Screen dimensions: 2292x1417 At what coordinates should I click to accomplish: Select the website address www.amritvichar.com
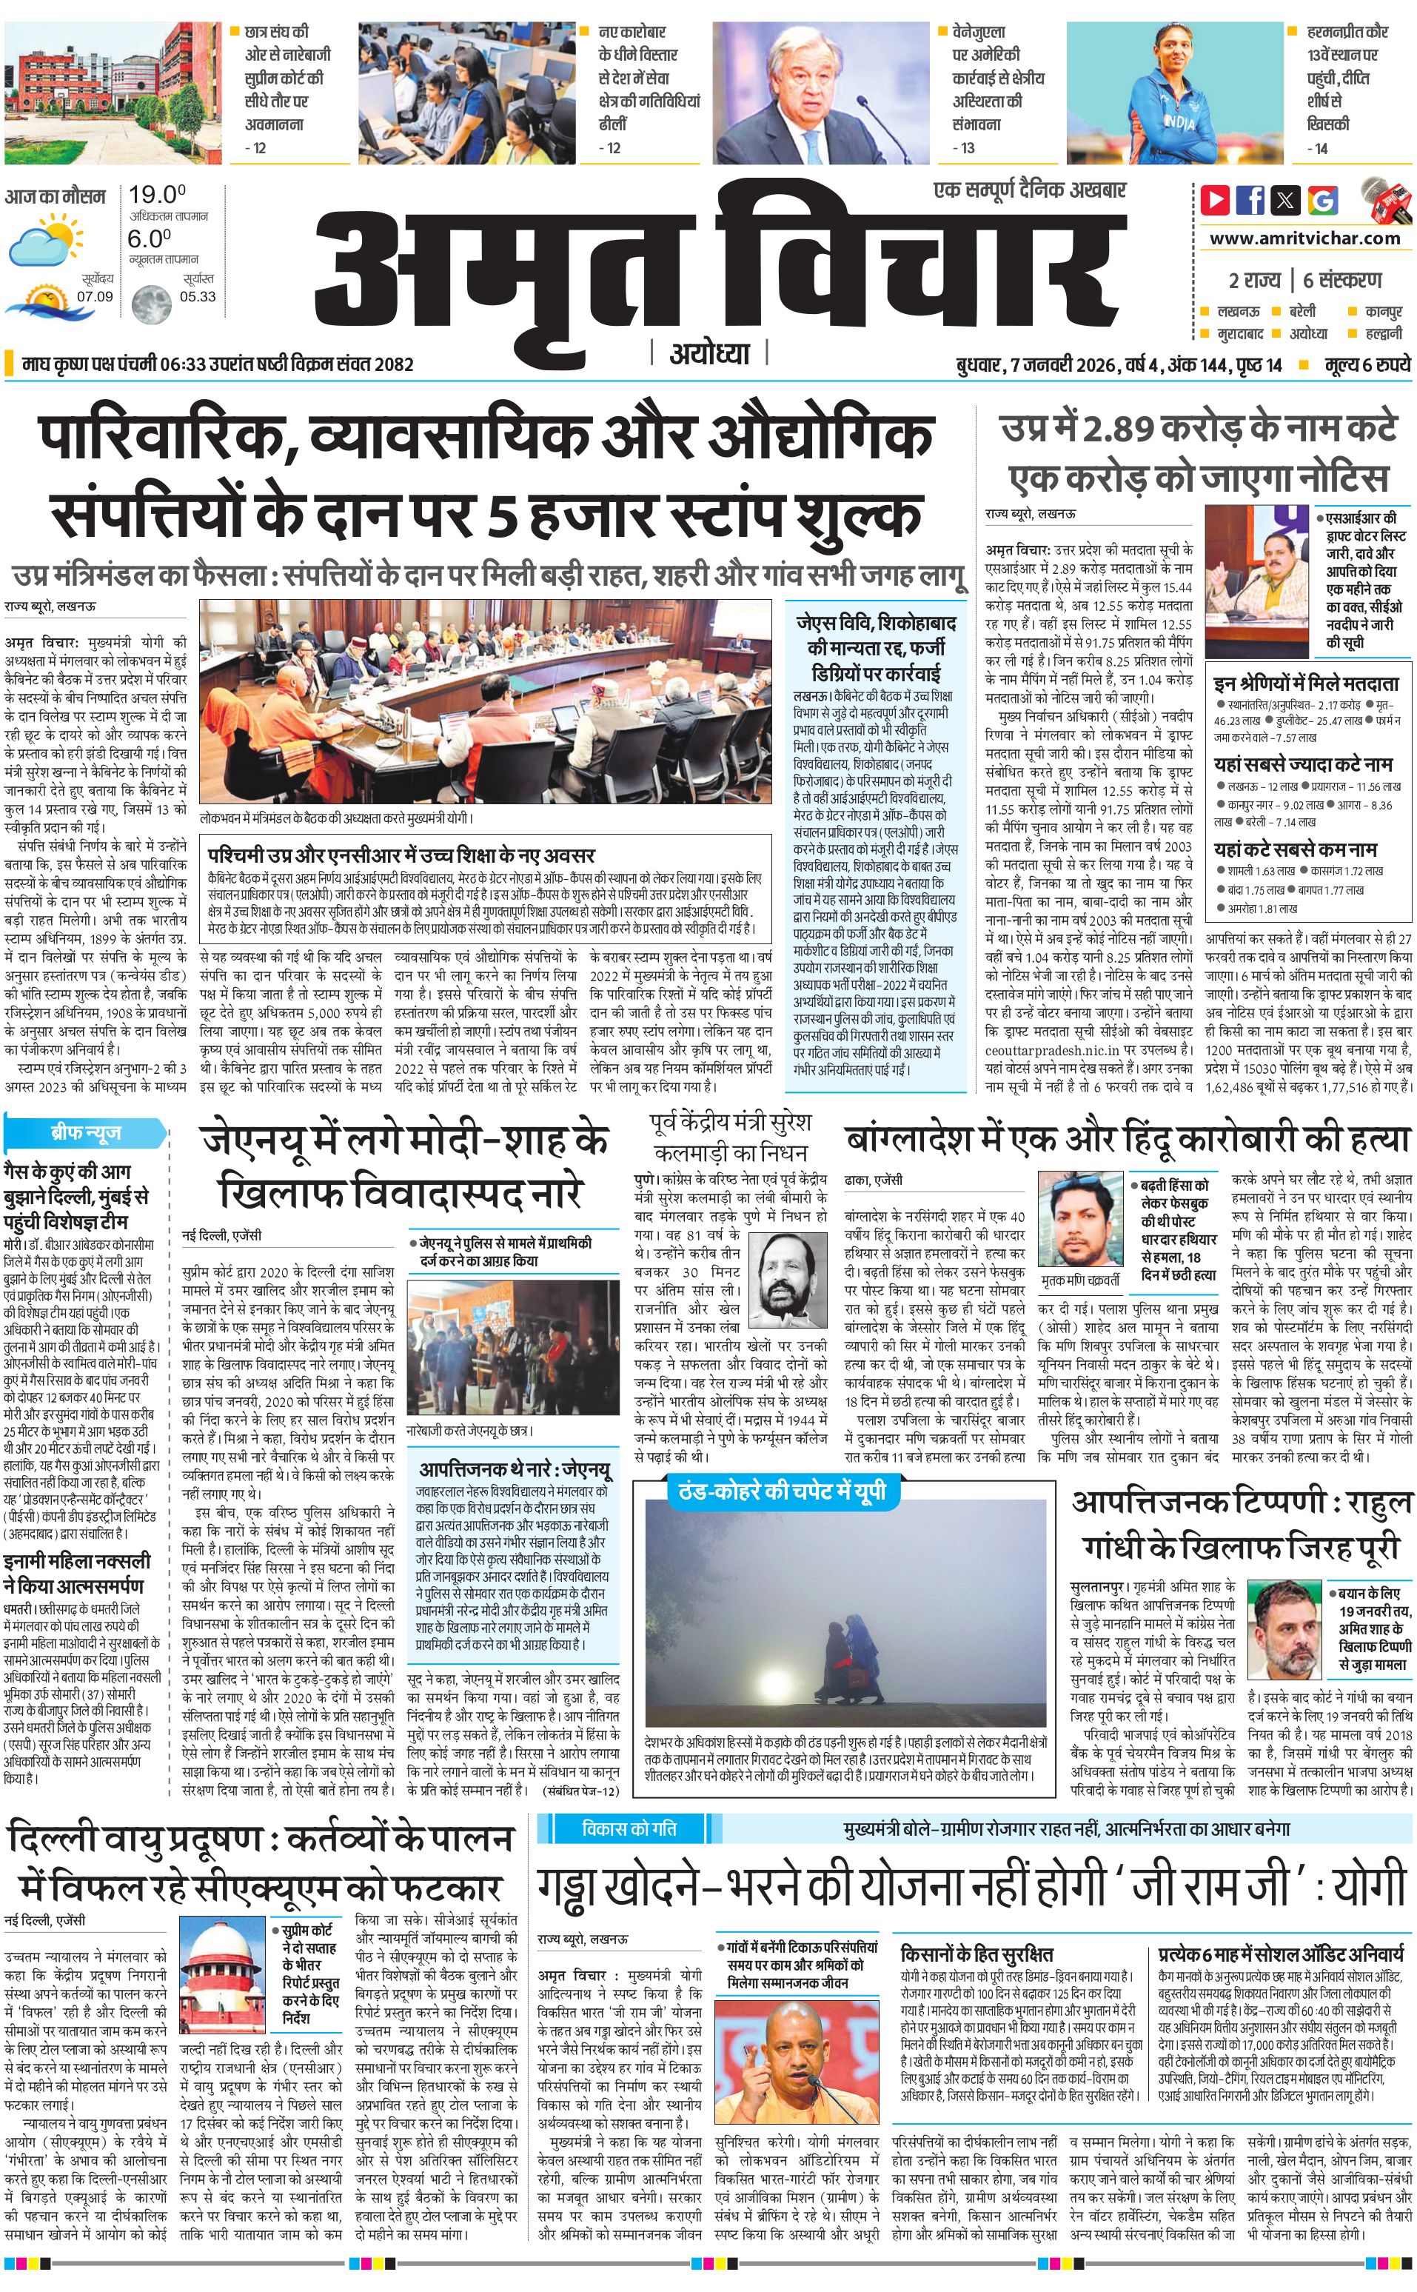(1304, 238)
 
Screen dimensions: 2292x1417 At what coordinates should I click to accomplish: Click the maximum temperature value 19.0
(156, 195)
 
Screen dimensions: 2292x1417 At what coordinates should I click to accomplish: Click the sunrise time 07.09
(95, 296)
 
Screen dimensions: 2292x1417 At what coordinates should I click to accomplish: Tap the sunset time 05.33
(198, 296)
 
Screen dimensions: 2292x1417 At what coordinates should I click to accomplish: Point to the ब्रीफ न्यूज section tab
(85, 1133)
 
